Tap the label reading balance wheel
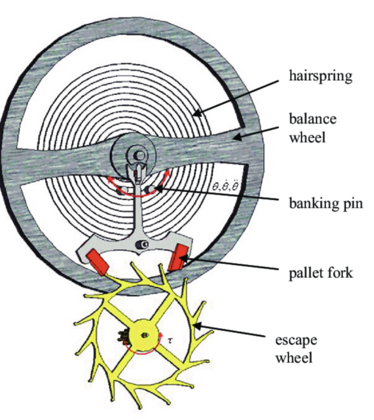coord(313,128)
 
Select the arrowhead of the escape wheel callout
coord(194,325)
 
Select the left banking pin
coord(121,192)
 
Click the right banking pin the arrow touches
coord(157,189)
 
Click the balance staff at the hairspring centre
coord(138,155)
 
